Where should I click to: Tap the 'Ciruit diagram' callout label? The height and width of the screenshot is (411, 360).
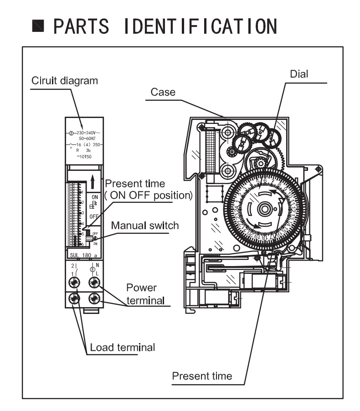(x=64, y=81)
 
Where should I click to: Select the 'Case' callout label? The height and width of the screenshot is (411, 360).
(x=163, y=92)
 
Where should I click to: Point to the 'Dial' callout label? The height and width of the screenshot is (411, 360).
(x=299, y=74)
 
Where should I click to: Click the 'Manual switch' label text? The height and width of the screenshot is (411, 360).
(x=145, y=225)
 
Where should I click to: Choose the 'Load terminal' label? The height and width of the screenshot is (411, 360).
(x=122, y=347)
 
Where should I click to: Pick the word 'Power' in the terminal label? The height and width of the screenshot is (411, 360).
(x=141, y=288)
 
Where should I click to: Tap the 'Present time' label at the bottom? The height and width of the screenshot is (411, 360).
(x=201, y=376)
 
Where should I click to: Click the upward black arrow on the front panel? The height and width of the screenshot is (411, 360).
(x=93, y=181)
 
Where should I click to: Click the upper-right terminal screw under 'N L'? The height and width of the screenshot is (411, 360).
(x=94, y=283)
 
